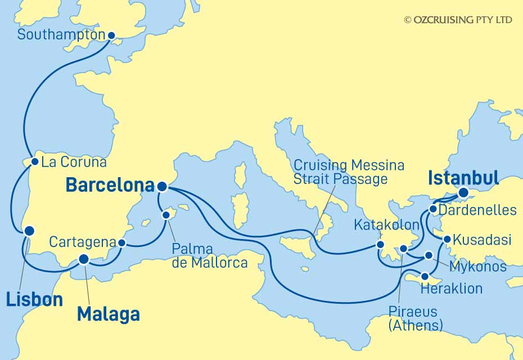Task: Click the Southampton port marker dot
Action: [x=111, y=35]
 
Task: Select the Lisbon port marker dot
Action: [x=28, y=231]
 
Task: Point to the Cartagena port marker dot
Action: [x=122, y=243]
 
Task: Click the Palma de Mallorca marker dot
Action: [x=166, y=214]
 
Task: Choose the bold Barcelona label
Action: [x=110, y=185]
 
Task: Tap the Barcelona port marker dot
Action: [x=162, y=186]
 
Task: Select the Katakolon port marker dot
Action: [x=381, y=245]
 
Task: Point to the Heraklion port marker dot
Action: [x=425, y=277]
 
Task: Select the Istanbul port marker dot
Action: [x=463, y=193]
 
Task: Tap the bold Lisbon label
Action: [x=34, y=299]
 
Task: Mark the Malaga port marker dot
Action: [x=84, y=259]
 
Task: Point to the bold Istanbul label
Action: [x=463, y=178]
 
